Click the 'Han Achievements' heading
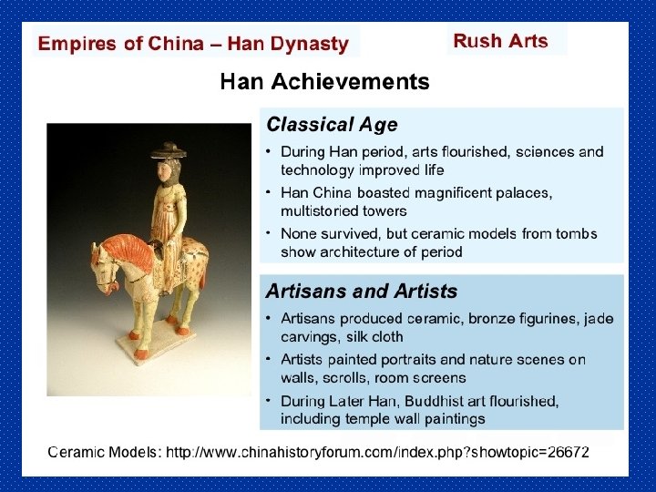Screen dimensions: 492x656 click(x=324, y=82)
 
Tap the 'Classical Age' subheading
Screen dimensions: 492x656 click(x=331, y=125)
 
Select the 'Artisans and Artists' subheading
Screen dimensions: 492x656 click(x=361, y=292)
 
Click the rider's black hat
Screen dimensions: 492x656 click(x=169, y=149)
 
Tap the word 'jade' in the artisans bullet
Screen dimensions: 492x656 click(x=597, y=319)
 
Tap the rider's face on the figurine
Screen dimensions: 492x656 click(x=169, y=168)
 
